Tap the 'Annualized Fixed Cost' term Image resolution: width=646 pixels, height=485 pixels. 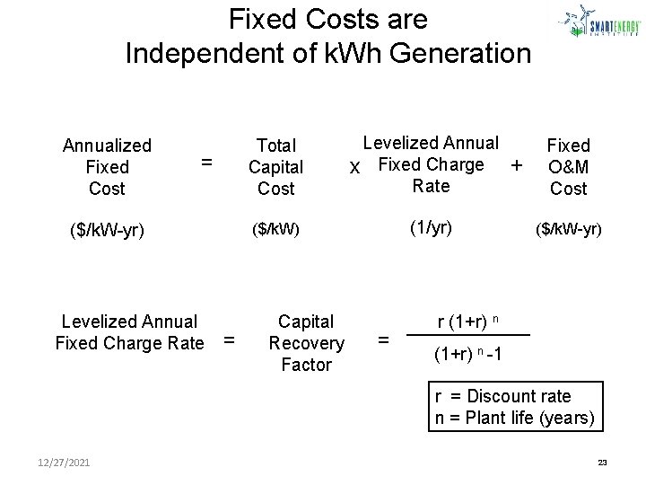107,167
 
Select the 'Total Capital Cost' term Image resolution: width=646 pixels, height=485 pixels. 275,167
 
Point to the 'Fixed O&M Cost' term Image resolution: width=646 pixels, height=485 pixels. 569,167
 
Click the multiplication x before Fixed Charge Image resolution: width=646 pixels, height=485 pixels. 355,168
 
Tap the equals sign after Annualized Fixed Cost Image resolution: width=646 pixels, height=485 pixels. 206,163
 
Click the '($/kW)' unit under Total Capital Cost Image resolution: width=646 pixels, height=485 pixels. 275,230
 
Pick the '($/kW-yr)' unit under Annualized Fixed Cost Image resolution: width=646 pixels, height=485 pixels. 106,231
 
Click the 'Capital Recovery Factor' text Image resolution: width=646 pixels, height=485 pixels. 306,343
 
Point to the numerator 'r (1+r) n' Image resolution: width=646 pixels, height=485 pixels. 466,322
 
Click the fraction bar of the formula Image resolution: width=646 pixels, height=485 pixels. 466,336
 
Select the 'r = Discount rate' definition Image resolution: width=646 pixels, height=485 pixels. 502,396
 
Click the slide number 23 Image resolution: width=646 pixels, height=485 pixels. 602,463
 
